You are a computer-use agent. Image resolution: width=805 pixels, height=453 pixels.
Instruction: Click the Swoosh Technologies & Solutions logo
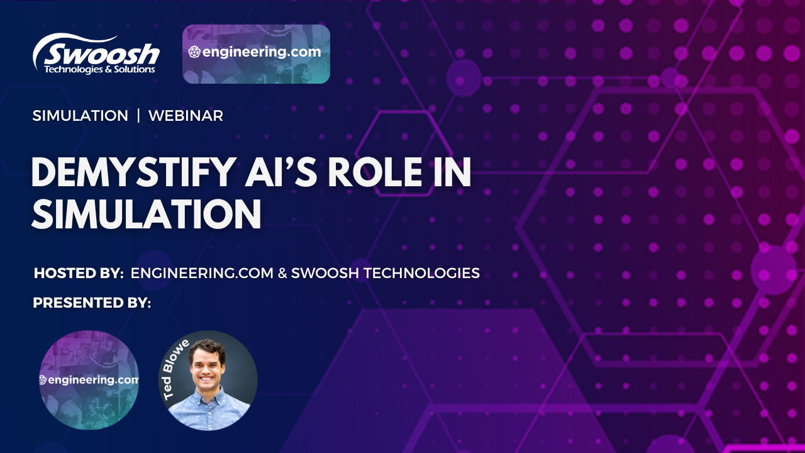click(96, 53)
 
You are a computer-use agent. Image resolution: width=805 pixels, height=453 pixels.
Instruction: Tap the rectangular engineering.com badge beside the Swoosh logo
click(256, 54)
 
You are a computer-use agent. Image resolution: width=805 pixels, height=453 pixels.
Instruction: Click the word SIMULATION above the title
click(80, 116)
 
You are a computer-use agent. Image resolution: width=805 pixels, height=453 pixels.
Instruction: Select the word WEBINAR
click(186, 116)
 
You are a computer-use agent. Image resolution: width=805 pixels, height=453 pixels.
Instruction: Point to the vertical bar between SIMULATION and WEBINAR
click(138, 116)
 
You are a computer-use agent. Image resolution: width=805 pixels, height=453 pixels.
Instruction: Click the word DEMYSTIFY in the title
click(134, 172)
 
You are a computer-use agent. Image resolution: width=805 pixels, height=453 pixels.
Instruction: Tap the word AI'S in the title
click(281, 172)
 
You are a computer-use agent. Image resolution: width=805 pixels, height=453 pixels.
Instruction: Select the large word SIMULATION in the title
click(147, 214)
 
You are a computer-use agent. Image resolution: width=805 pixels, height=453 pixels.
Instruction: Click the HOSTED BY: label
click(79, 273)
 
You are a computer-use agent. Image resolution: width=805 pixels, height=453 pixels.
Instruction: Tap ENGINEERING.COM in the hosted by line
click(202, 273)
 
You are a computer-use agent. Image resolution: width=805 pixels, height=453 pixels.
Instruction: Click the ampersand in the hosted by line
click(282, 273)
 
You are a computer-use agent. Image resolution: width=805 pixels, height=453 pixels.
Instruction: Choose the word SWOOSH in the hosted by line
click(325, 273)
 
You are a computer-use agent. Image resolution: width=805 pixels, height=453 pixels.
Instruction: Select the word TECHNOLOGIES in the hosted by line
click(421, 273)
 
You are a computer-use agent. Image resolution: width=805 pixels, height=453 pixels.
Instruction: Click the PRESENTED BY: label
click(92, 303)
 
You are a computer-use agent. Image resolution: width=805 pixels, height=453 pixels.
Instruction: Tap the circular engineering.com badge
click(89, 380)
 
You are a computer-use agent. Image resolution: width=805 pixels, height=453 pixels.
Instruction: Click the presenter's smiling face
click(206, 366)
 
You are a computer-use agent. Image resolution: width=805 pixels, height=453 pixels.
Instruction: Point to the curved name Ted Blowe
click(175, 369)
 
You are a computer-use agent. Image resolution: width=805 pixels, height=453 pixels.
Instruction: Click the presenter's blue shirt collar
click(208, 394)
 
